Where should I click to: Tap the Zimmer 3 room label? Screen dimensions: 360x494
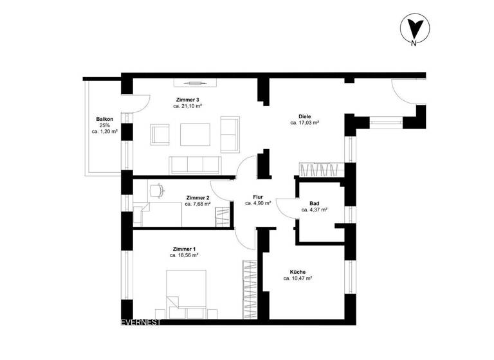188,100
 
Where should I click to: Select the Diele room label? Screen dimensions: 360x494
305,116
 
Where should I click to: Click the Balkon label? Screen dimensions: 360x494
105,119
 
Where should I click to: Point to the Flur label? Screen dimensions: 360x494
258,196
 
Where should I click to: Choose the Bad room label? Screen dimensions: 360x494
315,203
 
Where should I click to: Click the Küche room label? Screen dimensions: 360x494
297,272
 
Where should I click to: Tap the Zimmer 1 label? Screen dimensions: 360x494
184,249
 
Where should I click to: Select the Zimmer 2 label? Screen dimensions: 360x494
197,197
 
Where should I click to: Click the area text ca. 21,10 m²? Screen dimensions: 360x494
188,107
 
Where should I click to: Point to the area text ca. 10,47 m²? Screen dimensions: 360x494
297,279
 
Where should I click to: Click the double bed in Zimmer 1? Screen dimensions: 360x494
187,289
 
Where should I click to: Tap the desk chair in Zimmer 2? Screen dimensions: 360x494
156,190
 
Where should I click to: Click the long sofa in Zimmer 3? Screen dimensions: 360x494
195,165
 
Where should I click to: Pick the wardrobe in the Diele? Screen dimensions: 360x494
320,170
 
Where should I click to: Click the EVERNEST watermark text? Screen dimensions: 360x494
142,322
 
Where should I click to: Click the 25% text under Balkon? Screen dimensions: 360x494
105,125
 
